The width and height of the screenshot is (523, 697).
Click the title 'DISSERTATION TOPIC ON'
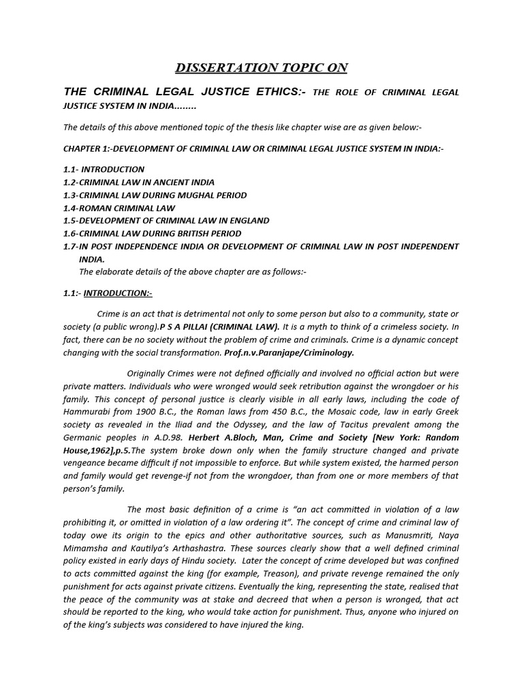(261, 67)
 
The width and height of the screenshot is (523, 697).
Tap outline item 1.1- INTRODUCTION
(104, 169)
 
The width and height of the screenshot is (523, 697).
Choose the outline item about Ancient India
(138, 182)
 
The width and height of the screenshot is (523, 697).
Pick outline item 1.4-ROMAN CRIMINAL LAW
(118, 208)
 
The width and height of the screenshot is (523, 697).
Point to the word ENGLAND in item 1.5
(247, 221)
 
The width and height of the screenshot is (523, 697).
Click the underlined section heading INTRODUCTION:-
(118, 293)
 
